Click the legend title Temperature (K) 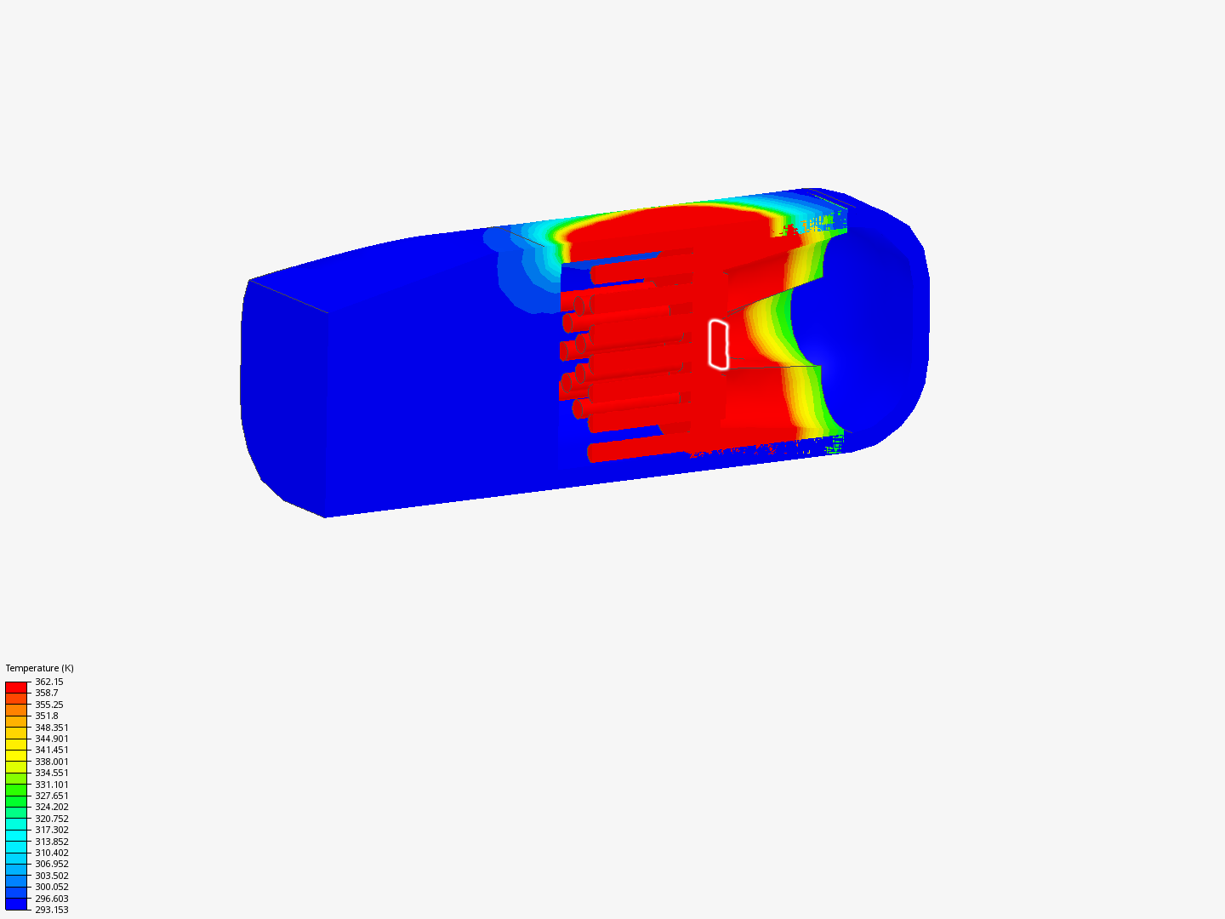[40, 668]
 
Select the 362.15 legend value [49, 682]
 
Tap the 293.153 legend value [52, 910]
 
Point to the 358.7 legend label [46, 693]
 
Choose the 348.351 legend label [52, 728]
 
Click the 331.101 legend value [52, 785]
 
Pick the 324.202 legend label [52, 807]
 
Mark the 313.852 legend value [52, 842]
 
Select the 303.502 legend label [52, 876]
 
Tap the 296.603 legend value [52, 899]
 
